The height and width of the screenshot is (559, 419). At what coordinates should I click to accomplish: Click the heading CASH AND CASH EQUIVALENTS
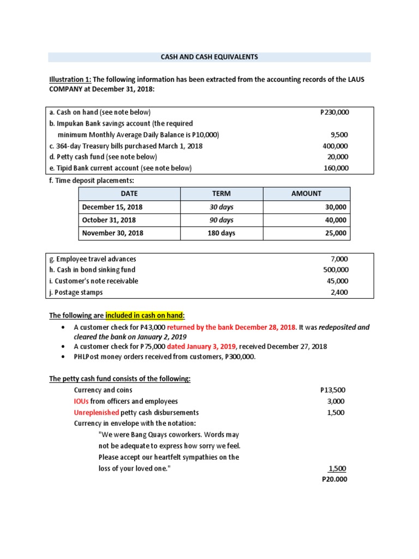209,57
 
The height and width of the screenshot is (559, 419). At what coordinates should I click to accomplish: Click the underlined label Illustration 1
69,80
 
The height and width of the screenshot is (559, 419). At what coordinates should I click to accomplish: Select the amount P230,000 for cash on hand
334,112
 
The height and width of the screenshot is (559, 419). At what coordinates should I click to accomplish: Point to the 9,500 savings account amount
339,135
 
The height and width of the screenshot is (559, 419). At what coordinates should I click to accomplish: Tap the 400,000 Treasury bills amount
336,146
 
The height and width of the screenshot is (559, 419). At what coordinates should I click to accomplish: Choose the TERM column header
221,194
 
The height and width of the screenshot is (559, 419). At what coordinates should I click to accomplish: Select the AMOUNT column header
307,194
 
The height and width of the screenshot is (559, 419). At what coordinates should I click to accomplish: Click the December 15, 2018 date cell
112,207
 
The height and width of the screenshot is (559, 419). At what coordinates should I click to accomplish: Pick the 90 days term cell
221,220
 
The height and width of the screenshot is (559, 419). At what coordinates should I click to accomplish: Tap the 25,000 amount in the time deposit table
336,233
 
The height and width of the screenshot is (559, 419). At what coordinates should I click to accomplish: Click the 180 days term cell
221,233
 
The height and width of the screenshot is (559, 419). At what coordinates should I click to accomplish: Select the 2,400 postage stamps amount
339,292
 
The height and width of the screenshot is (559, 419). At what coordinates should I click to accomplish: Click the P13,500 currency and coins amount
332,390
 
